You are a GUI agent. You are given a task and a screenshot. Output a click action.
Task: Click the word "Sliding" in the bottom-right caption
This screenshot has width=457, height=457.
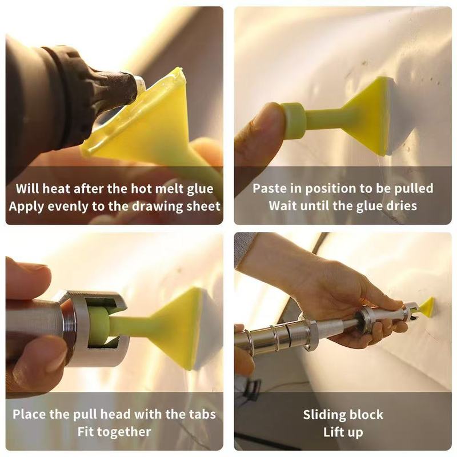[x=323, y=415]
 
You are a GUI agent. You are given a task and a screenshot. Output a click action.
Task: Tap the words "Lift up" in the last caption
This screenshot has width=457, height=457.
[x=343, y=432]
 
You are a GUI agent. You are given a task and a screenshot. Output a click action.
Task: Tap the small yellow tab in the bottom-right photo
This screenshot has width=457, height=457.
[x=427, y=307]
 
